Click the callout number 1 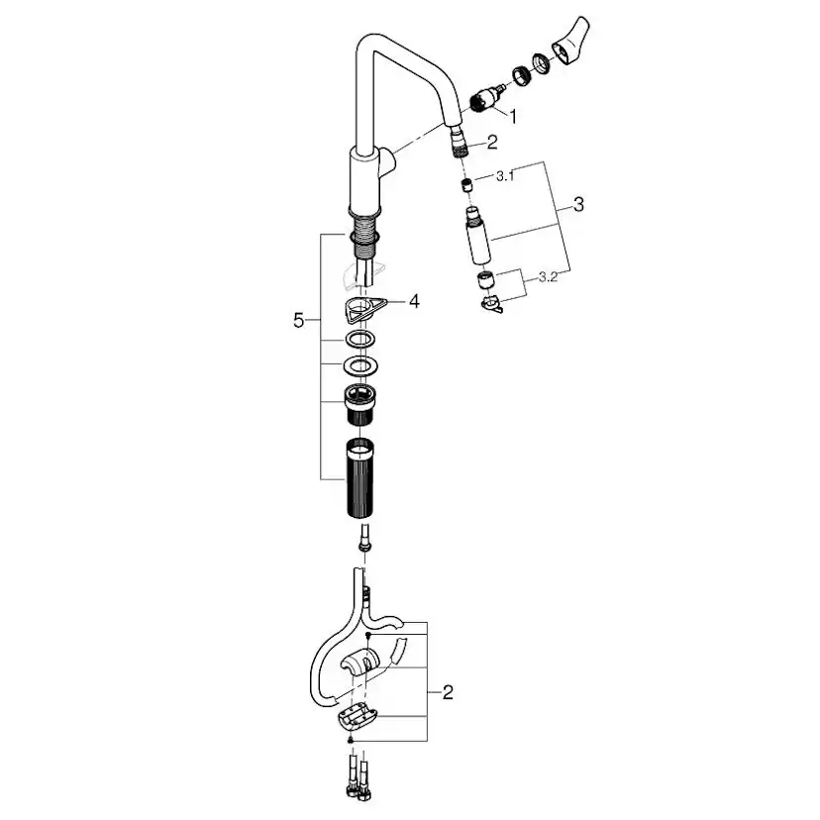coord(513,117)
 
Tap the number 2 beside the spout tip coord(492,143)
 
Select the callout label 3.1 coord(505,176)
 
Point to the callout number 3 coord(578,204)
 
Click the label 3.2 coord(548,277)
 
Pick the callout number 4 coord(414,301)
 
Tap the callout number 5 coord(298,321)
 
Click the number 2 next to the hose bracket coord(448,693)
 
